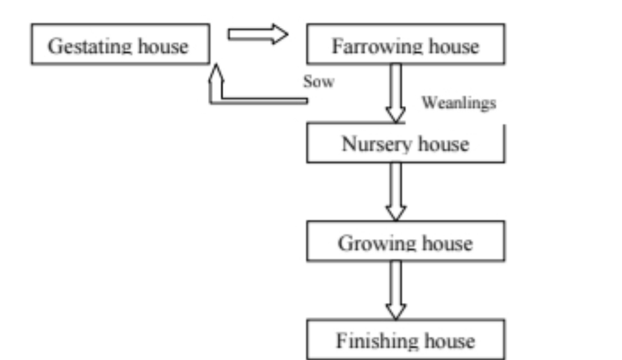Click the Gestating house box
pyautogui.click(x=121, y=44)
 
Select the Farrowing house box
pyautogui.click(x=405, y=44)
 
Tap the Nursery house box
pyautogui.click(x=405, y=143)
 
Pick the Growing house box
pyautogui.click(x=405, y=241)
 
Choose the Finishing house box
pyautogui.click(x=405, y=339)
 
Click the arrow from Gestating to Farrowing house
pyautogui.click(x=258, y=34)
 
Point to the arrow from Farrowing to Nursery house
pyautogui.click(x=395, y=93)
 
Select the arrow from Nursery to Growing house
pyautogui.click(x=395, y=191)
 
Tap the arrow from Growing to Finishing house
pyautogui.click(x=395, y=290)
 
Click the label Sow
pyautogui.click(x=319, y=82)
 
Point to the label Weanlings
pyautogui.click(x=458, y=103)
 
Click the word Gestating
pyautogui.click(x=90, y=47)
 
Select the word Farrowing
pyautogui.click(x=378, y=47)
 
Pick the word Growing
pyautogui.click(x=377, y=244)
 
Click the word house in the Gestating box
pyautogui.click(x=163, y=46)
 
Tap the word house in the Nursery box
pyautogui.click(x=444, y=144)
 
